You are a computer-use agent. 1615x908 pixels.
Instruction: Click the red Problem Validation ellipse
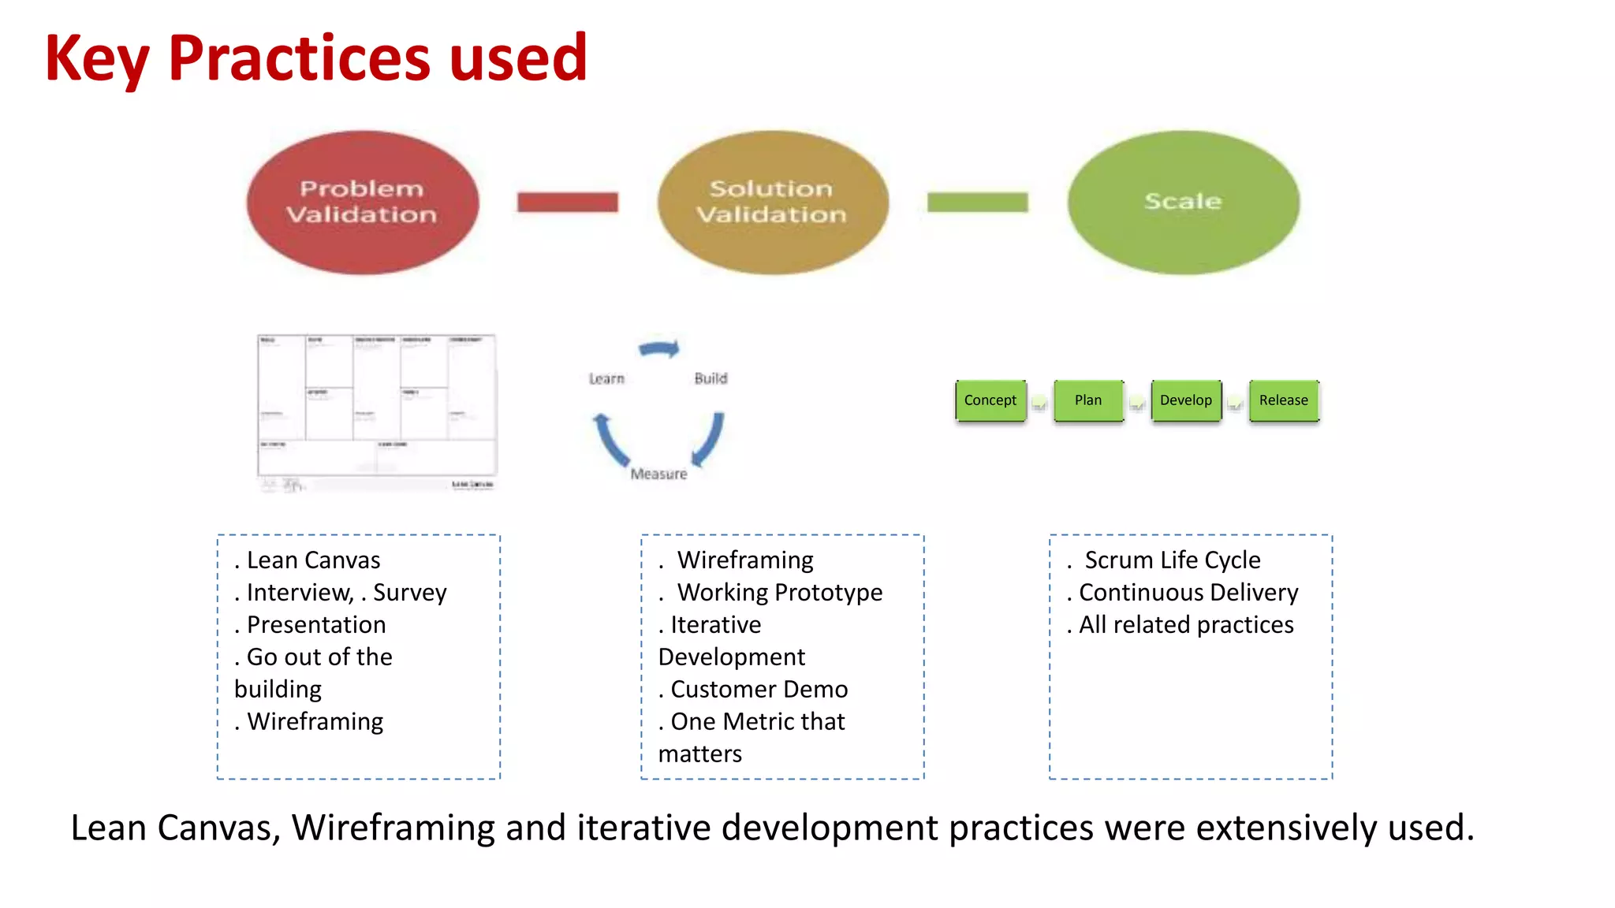(x=362, y=202)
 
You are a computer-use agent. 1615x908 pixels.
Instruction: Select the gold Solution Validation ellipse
(x=772, y=202)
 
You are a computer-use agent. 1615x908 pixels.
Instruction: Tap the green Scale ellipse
(x=1183, y=202)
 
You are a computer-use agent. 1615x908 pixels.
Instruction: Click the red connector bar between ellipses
(x=567, y=203)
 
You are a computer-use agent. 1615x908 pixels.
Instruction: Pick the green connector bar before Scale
(x=977, y=203)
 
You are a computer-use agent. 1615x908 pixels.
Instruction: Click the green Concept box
(x=990, y=400)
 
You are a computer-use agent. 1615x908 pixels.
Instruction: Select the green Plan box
(x=1088, y=400)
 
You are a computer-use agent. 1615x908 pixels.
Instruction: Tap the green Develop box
(x=1186, y=400)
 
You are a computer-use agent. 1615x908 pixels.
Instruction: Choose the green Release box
(x=1284, y=400)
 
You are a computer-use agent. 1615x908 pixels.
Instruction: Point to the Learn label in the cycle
(x=606, y=379)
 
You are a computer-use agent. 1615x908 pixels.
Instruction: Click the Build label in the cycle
(x=711, y=378)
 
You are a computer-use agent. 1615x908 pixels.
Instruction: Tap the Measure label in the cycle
(x=658, y=474)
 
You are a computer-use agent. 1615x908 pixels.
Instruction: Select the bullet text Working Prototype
(x=779, y=592)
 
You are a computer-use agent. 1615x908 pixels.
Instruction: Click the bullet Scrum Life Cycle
(x=1172, y=560)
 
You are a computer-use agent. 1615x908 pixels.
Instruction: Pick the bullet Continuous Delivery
(x=1188, y=592)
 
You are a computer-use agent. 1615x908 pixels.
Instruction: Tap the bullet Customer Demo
(x=759, y=689)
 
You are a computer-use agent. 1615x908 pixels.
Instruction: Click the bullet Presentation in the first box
(x=316, y=624)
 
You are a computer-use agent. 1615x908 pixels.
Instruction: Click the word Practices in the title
(x=300, y=58)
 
